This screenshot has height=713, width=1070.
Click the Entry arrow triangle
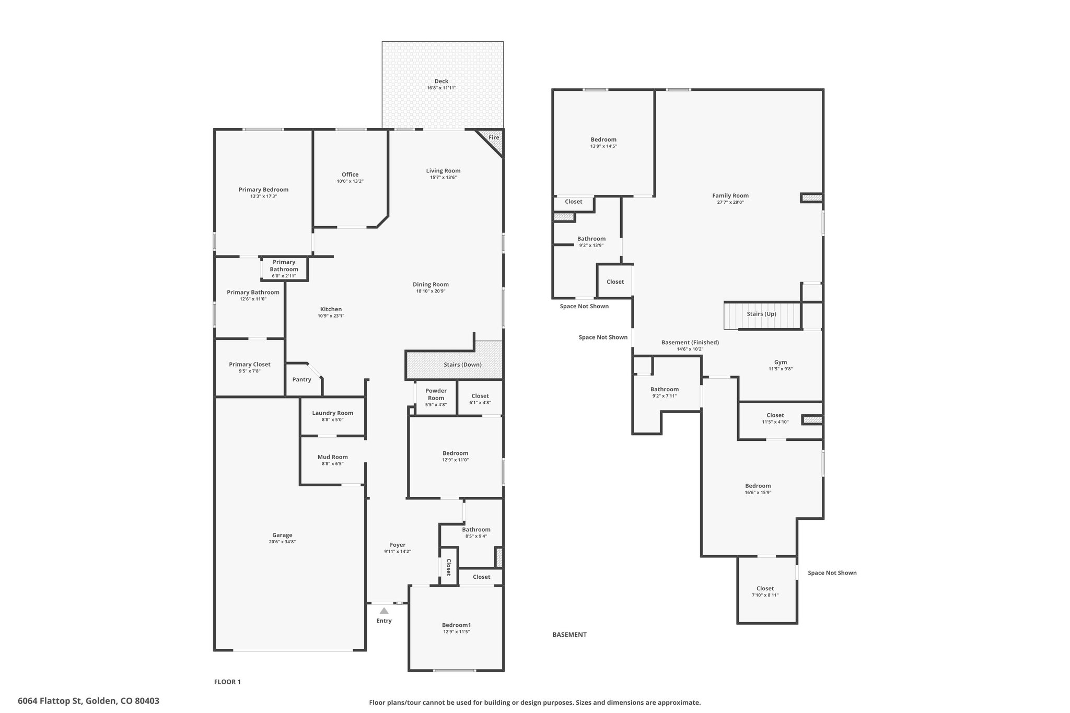[x=384, y=611]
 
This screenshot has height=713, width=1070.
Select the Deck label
[x=441, y=81]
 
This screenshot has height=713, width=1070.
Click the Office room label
[x=350, y=174]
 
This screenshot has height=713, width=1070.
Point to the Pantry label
[x=302, y=380]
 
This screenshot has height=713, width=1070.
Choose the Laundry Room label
[x=333, y=413]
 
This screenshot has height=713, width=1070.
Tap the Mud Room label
[x=333, y=457]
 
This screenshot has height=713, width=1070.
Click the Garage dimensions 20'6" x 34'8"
[x=282, y=542]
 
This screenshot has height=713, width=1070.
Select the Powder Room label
[x=436, y=394]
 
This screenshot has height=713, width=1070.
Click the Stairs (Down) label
[x=463, y=365]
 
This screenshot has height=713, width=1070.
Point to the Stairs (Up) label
[x=761, y=314]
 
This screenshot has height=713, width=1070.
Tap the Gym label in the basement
[x=781, y=363]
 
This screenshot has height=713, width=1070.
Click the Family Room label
[x=730, y=196]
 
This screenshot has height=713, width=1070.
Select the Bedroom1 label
[x=457, y=625]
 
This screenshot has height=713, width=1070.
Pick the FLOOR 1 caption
[x=227, y=682]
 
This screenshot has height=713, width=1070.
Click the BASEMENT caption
[x=569, y=635]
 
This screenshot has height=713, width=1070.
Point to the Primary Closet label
[x=250, y=365]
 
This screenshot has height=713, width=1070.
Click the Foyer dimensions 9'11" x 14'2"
[x=398, y=552]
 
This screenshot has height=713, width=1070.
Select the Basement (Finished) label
[x=690, y=343]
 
